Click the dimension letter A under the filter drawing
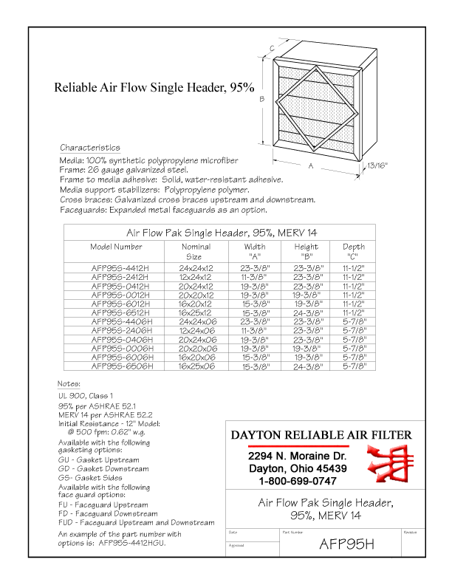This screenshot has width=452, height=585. [x=311, y=166]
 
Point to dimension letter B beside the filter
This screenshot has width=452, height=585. [x=261, y=98]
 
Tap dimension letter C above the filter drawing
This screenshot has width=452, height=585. [x=272, y=49]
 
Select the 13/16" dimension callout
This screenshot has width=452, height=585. [x=378, y=168]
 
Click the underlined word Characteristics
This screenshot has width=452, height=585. [x=89, y=148]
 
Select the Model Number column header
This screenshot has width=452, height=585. [x=116, y=247]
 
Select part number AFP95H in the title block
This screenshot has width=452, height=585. [x=346, y=545]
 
